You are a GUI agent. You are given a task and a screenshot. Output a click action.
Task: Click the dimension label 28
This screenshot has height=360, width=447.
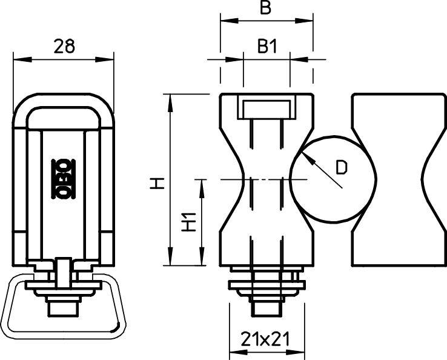[64, 46]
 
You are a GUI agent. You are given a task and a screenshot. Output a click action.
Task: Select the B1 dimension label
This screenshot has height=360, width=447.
[267, 46]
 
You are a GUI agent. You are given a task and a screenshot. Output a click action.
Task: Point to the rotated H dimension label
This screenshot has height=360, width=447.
[157, 183]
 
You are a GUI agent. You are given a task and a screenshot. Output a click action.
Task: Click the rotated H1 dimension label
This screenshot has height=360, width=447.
[190, 222]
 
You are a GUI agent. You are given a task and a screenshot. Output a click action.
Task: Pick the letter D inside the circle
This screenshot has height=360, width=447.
[342, 167]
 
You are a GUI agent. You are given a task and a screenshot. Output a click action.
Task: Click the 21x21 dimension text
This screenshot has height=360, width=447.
[265, 339]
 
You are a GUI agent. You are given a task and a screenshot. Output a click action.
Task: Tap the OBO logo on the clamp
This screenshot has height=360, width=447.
[63, 179]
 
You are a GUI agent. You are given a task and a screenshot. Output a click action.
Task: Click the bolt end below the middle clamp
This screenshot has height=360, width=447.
[266, 309]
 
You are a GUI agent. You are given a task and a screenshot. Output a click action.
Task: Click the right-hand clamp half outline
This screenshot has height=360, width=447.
[353, 180]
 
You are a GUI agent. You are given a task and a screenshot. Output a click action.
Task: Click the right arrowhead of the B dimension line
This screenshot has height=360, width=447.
[304, 21]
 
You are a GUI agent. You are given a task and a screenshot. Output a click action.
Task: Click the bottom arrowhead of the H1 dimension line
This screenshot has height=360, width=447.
[202, 256]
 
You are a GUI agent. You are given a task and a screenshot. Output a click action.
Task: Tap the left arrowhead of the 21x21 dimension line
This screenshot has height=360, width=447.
[238, 352]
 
